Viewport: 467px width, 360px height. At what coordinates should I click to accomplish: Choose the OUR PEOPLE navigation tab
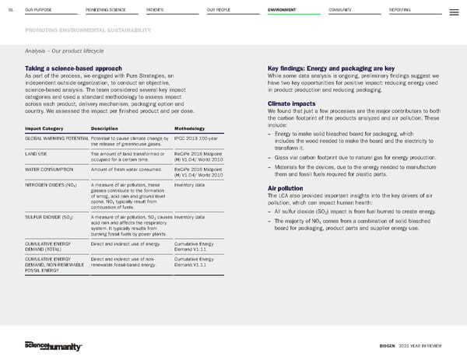point(219,10)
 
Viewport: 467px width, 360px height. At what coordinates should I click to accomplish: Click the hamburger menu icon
point(454,11)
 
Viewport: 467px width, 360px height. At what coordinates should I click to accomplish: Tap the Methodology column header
point(189,128)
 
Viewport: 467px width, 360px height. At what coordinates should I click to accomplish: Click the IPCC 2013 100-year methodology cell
point(192,138)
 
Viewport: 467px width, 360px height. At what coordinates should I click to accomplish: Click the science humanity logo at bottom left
point(51,344)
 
